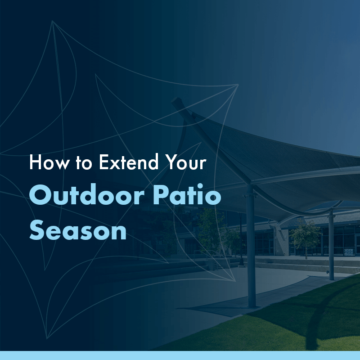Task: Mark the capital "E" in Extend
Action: [x=104, y=163]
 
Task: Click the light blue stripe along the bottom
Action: [x=180, y=355]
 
